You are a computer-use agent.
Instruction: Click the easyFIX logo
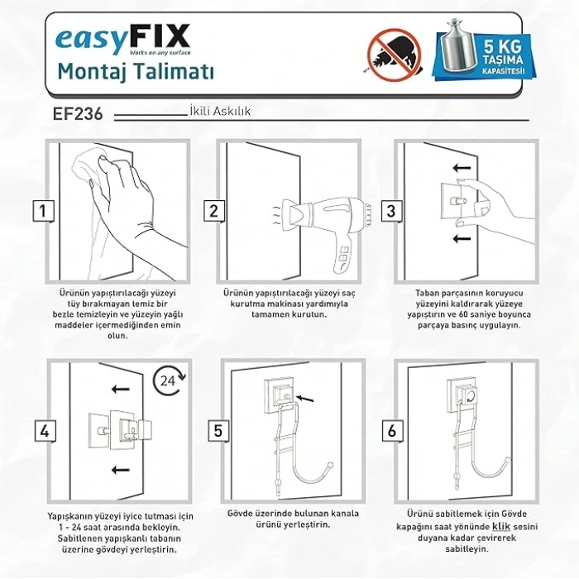[123, 38]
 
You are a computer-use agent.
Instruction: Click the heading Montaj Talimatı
[136, 72]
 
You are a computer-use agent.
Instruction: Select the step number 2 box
[214, 210]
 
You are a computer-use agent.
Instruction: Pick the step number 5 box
[218, 431]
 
